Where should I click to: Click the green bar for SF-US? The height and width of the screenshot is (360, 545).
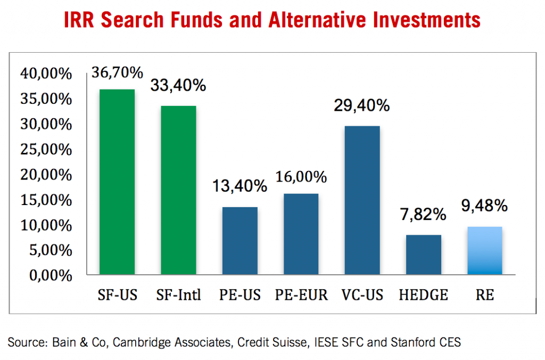pyautogui.click(x=117, y=182)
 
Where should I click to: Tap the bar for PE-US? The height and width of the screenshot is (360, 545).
pyautogui.click(x=240, y=240)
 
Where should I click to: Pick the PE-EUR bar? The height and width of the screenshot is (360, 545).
pyautogui.click(x=301, y=234)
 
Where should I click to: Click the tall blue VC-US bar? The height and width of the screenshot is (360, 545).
pyautogui.click(x=362, y=200)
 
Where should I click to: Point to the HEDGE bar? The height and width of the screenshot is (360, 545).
pyautogui.click(x=424, y=255)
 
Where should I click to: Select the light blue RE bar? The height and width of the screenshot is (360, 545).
pyautogui.click(x=485, y=250)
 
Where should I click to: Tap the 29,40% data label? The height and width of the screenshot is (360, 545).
pyautogui.click(x=362, y=106)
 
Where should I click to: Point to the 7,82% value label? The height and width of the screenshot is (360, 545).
pyautogui.click(x=424, y=215)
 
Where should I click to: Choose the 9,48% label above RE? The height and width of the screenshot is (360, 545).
pyautogui.click(x=485, y=206)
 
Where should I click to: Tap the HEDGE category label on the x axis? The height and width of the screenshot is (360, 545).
pyautogui.click(x=424, y=294)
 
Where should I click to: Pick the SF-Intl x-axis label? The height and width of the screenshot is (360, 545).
pyautogui.click(x=179, y=294)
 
